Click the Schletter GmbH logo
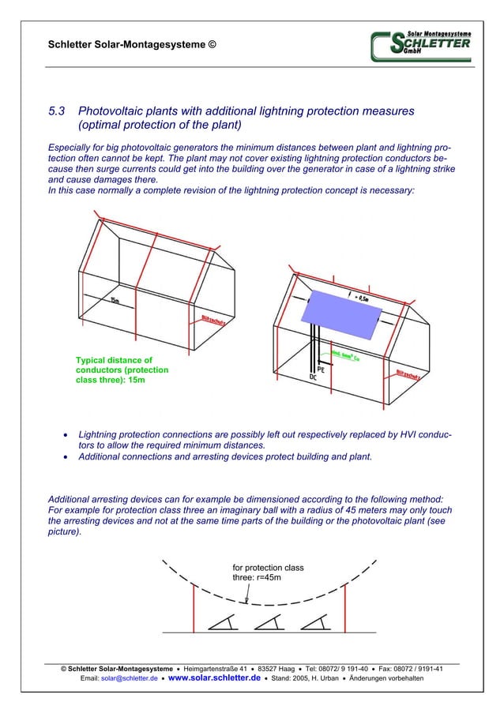tap(420, 46)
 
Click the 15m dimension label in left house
tap(115, 301)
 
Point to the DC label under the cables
tap(314, 378)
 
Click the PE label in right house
tap(322, 369)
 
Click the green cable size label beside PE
tap(345, 357)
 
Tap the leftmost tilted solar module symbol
tap(221, 623)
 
